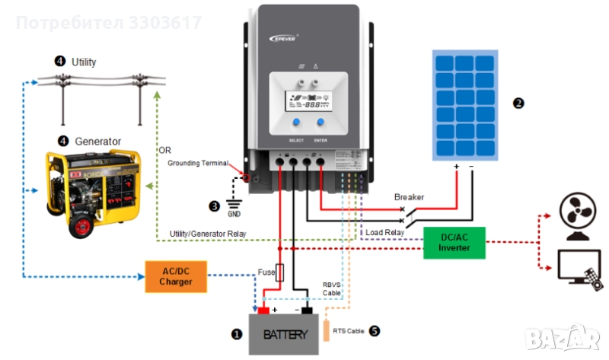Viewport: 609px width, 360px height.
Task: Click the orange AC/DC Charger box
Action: pos(177,276)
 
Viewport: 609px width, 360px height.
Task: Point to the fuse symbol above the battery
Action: pos(279,273)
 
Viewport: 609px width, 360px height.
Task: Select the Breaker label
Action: pos(409,197)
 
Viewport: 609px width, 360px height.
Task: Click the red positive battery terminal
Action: pos(263,310)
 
